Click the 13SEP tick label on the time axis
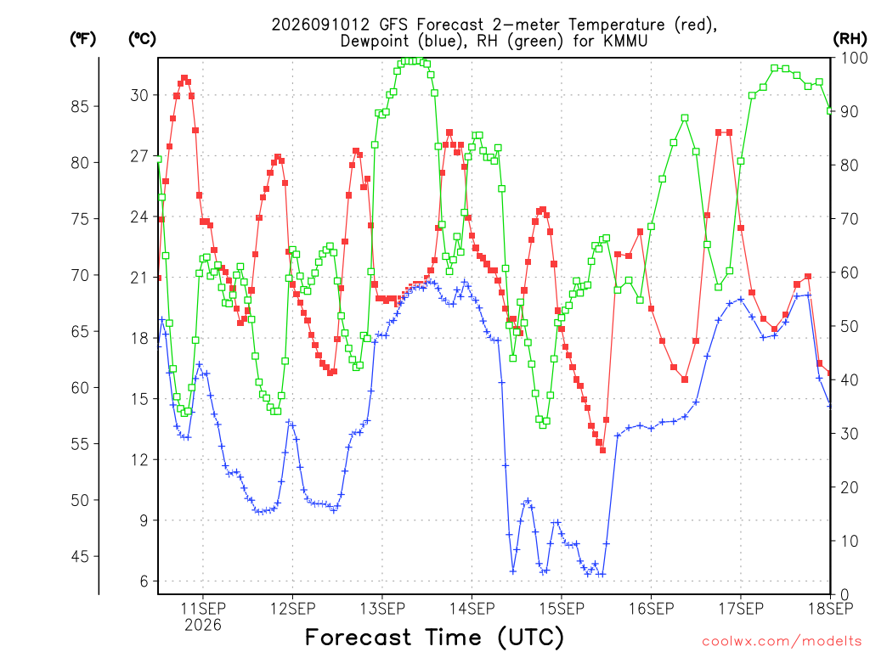382,609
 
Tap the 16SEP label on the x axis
652,609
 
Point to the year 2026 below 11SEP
203,626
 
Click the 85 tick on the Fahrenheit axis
80,106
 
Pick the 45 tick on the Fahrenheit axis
80,556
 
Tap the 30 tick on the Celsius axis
139,95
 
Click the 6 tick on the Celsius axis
144,581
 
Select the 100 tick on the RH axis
854,58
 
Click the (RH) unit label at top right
850,39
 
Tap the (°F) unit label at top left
83,39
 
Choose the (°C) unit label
143,39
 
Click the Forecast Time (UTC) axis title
434,638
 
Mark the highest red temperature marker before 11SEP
184,78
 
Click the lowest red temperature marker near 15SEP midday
602,450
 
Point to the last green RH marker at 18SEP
830,111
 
